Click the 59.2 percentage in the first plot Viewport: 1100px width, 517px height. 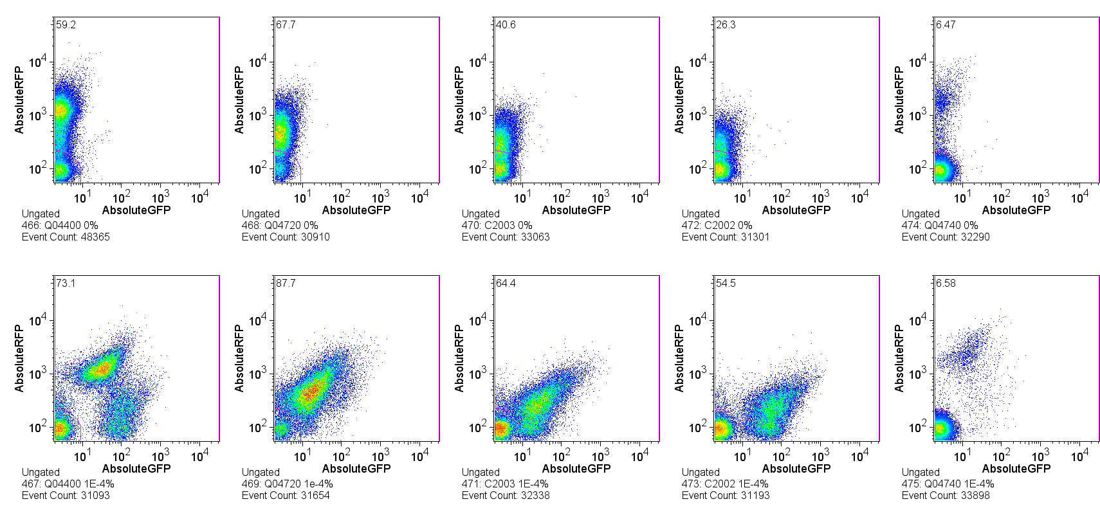tap(66, 25)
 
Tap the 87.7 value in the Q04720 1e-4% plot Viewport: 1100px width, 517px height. tap(286, 284)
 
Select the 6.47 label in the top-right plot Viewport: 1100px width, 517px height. tap(946, 25)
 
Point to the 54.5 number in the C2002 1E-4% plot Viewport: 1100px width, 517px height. tap(726, 284)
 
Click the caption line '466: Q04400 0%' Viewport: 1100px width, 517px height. tap(60, 226)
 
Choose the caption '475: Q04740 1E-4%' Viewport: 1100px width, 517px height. tap(948, 484)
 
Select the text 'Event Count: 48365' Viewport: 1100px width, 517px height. tap(66, 237)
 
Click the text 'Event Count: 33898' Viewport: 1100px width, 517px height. tap(946, 496)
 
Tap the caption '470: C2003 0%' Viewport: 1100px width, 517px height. tap(497, 226)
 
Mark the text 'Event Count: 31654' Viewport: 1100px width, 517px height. tap(286, 496)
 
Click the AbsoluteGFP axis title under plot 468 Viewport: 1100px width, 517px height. tap(356, 210)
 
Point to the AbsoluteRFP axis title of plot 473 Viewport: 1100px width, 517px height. tap(679, 358)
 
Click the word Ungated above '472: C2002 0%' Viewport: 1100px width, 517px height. tap(701, 214)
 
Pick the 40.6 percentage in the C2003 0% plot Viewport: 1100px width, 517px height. tap(506, 25)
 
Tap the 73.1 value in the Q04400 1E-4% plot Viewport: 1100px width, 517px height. tap(66, 284)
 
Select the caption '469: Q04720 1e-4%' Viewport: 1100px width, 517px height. tap(288, 484)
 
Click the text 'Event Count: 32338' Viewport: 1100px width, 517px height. tap(506, 496)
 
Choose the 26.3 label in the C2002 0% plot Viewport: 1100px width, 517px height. tap(726, 25)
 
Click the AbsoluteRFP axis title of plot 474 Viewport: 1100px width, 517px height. tap(899, 100)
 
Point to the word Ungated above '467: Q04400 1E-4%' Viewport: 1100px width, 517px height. tap(41, 473)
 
